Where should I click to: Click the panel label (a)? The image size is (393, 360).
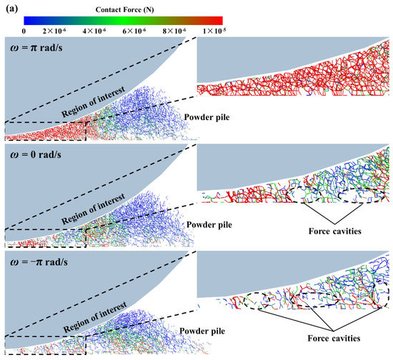click(11, 8)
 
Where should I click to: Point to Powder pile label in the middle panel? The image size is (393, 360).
click(212, 224)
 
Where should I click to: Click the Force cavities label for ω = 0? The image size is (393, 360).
click(319, 230)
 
